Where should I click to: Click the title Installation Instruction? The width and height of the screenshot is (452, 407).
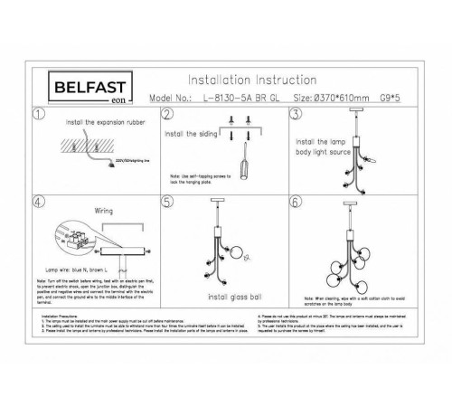tap(251, 80)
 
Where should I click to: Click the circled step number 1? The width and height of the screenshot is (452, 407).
tap(37, 115)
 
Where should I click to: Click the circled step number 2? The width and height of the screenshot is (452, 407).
tap(166, 115)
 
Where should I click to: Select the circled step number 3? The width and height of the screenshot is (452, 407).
tap(295, 115)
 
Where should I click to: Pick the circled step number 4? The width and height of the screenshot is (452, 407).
tap(37, 203)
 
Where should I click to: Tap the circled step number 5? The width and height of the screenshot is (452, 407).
tap(166, 203)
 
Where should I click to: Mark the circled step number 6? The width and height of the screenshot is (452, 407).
tap(295, 203)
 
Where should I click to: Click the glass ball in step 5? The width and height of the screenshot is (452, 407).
tap(241, 256)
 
